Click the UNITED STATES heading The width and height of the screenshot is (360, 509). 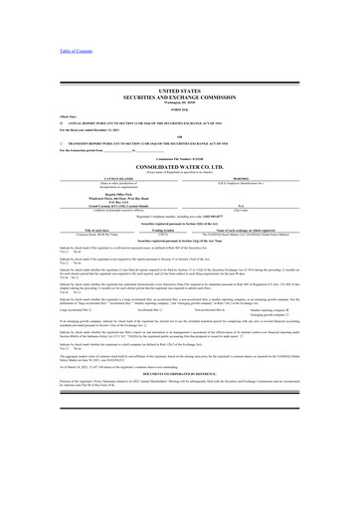(179, 89)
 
